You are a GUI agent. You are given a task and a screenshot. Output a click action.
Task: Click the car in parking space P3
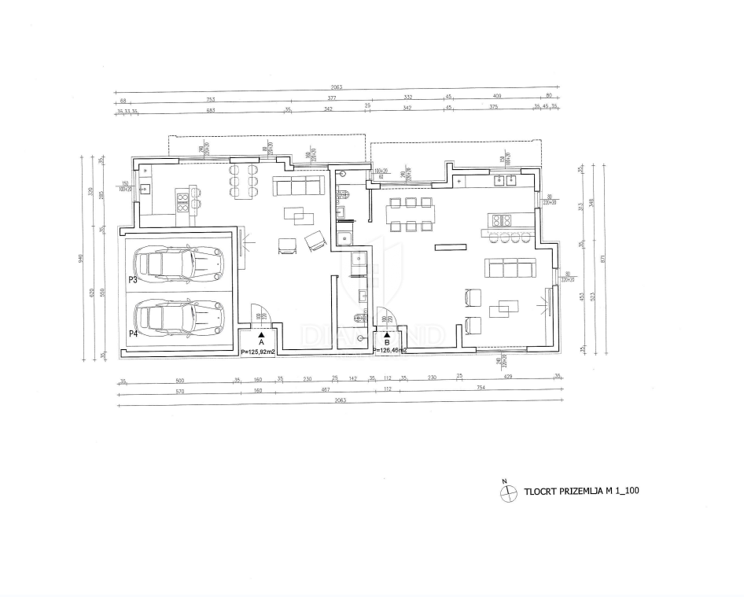(x=179, y=264)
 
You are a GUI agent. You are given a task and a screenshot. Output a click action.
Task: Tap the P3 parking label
(x=133, y=280)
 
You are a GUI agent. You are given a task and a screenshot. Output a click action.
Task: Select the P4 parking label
(x=133, y=334)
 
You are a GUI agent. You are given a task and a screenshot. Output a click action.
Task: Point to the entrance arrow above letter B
(x=387, y=334)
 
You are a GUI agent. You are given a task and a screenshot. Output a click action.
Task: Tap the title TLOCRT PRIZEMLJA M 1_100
(x=581, y=492)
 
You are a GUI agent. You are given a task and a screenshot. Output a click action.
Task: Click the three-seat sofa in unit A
(x=298, y=186)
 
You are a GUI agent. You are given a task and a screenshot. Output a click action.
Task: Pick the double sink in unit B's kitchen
(x=503, y=180)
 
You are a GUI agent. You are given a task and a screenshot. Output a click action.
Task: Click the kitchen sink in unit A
(x=145, y=188)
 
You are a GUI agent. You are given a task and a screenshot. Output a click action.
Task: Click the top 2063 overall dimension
(x=337, y=87)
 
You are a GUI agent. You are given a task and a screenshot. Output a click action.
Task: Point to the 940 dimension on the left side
(x=81, y=256)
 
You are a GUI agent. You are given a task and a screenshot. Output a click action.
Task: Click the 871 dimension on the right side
(x=602, y=257)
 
